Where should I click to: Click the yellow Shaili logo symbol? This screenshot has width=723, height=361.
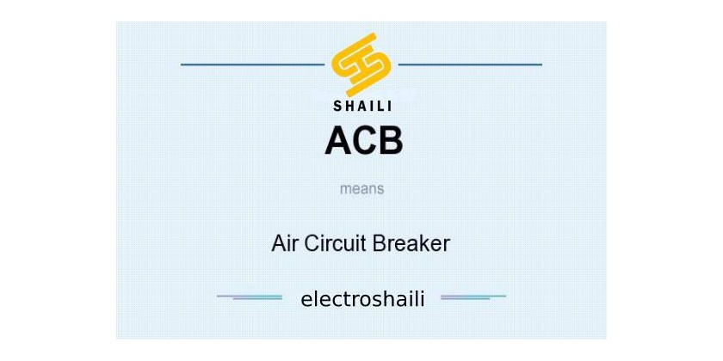(361, 64)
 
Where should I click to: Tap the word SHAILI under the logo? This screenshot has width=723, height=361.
(362, 107)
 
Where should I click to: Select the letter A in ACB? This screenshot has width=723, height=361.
(339, 140)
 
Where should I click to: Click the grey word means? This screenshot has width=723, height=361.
(362, 189)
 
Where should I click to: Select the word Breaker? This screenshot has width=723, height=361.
(411, 243)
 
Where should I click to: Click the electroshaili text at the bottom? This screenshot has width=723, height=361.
(362, 299)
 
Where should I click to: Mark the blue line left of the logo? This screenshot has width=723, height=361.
(253, 64)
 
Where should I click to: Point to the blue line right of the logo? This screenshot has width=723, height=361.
(470, 64)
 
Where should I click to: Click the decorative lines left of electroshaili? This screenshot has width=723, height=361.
(250, 297)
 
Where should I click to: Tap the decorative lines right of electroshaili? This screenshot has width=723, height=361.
(473, 297)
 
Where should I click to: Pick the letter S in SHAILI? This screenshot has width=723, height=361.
(338, 107)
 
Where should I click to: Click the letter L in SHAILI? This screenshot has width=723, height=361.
(380, 107)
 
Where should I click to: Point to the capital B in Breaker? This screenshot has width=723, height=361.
(379, 243)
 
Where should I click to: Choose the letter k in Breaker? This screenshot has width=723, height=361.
(423, 243)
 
